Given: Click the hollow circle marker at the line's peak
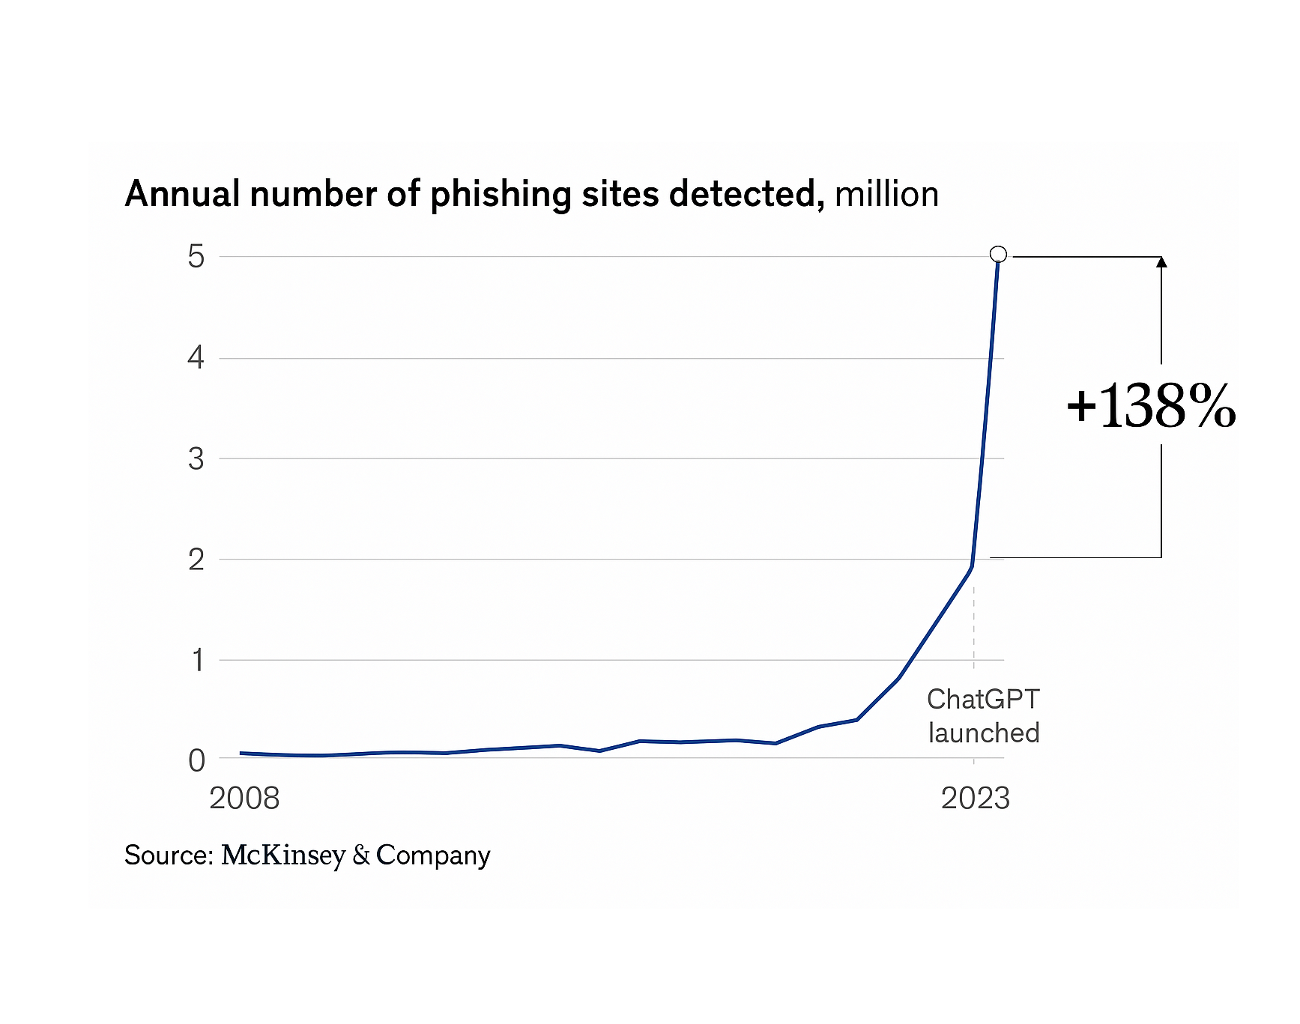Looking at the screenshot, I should (998, 255).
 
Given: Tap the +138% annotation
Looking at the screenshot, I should (1151, 407).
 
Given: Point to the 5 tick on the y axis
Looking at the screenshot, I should (196, 257).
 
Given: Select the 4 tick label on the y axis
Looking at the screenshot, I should (196, 358).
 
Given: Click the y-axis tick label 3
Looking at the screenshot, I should (196, 458).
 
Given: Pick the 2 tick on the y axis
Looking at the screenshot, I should (196, 560).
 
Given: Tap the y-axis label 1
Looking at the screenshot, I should (198, 661).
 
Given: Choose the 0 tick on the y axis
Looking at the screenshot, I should (196, 760).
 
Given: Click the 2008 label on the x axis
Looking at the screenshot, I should (244, 799).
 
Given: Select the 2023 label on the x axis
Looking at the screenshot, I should (975, 799).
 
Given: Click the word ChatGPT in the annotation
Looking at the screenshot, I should (983, 700).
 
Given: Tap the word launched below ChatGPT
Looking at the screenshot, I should (984, 733).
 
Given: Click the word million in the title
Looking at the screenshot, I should (886, 195).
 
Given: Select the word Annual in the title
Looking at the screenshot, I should (182, 195).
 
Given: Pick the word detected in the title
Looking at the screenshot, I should (746, 195).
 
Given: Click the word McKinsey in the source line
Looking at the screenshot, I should (283, 855).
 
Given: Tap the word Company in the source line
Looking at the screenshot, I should (433, 855).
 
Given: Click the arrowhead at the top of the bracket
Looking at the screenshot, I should (1161, 262).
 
